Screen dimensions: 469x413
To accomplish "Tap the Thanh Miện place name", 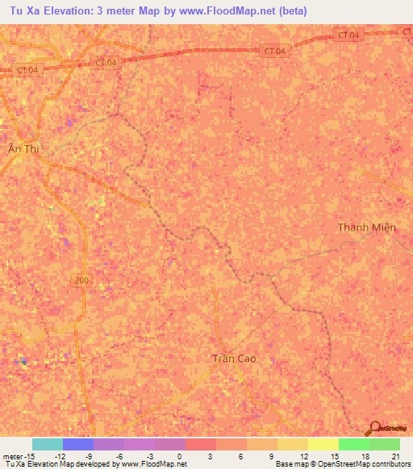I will click(367, 227).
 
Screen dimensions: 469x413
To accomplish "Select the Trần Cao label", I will click(237, 359).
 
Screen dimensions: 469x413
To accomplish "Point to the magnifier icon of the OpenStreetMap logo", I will click(374, 429).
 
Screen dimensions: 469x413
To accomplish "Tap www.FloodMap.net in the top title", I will click(232, 12).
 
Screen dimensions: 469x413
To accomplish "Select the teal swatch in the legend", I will click(48, 444).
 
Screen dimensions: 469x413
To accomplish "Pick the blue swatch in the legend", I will click(78, 444).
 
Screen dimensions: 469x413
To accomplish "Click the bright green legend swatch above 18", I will click(354, 444).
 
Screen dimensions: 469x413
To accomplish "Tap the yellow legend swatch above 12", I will click(293, 444).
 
